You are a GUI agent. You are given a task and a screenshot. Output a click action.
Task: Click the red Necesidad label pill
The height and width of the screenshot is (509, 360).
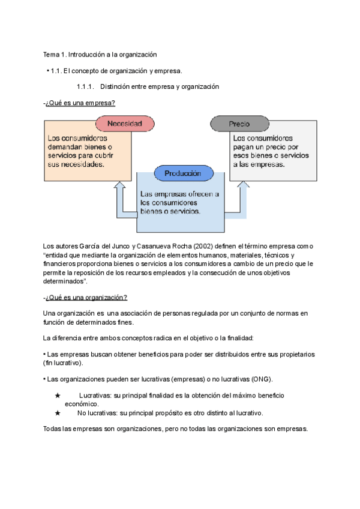pyautogui.click(x=125, y=124)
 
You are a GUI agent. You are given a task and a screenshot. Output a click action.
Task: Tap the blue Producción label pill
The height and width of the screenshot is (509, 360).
pyautogui.click(x=182, y=173)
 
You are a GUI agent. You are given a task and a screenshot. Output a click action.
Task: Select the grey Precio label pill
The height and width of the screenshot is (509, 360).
pyautogui.click(x=239, y=124)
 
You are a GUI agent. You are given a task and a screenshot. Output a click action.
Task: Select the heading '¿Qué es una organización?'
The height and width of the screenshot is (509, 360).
pyautogui.click(x=86, y=297)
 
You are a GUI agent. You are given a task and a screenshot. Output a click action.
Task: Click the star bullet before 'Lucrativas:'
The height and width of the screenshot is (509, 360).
pyautogui.click(x=58, y=396)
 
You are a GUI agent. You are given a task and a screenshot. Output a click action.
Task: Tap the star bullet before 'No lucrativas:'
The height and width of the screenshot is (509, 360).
pyautogui.click(x=58, y=413)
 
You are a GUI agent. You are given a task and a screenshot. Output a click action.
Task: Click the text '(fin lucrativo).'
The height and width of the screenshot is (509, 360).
pyautogui.click(x=64, y=363)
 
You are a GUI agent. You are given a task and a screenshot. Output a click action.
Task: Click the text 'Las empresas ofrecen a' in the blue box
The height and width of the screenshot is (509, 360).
pyautogui.click(x=179, y=194)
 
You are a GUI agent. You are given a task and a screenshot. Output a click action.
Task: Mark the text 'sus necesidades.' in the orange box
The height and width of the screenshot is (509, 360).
pyautogui.click(x=76, y=164)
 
